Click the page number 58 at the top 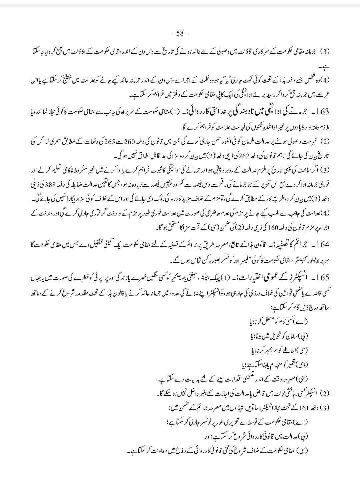click(x=180, y=33)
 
